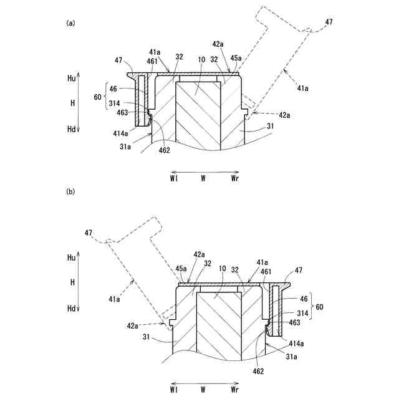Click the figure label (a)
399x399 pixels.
pyautogui.click(x=70, y=23)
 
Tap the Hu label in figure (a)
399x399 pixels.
pyautogui.click(x=72, y=78)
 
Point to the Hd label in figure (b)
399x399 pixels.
pyautogui.click(x=72, y=308)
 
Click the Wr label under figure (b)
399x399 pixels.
pyautogui.click(x=235, y=390)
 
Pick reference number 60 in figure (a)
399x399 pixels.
pyautogui.click(x=97, y=97)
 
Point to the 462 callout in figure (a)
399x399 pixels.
pyautogui.click(x=164, y=150)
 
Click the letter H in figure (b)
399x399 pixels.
pyautogui.click(x=72, y=282)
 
